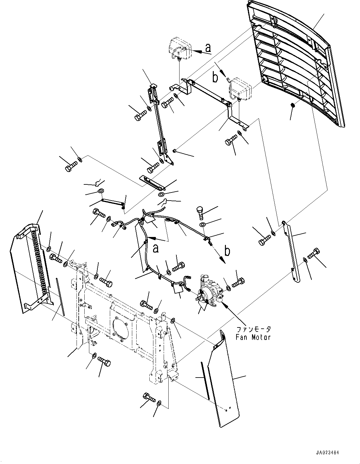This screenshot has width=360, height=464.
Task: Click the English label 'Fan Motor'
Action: click(253, 337)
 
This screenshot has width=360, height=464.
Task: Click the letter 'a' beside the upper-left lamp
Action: click(208, 48)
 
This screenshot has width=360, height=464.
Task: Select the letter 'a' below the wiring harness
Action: click(156, 248)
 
